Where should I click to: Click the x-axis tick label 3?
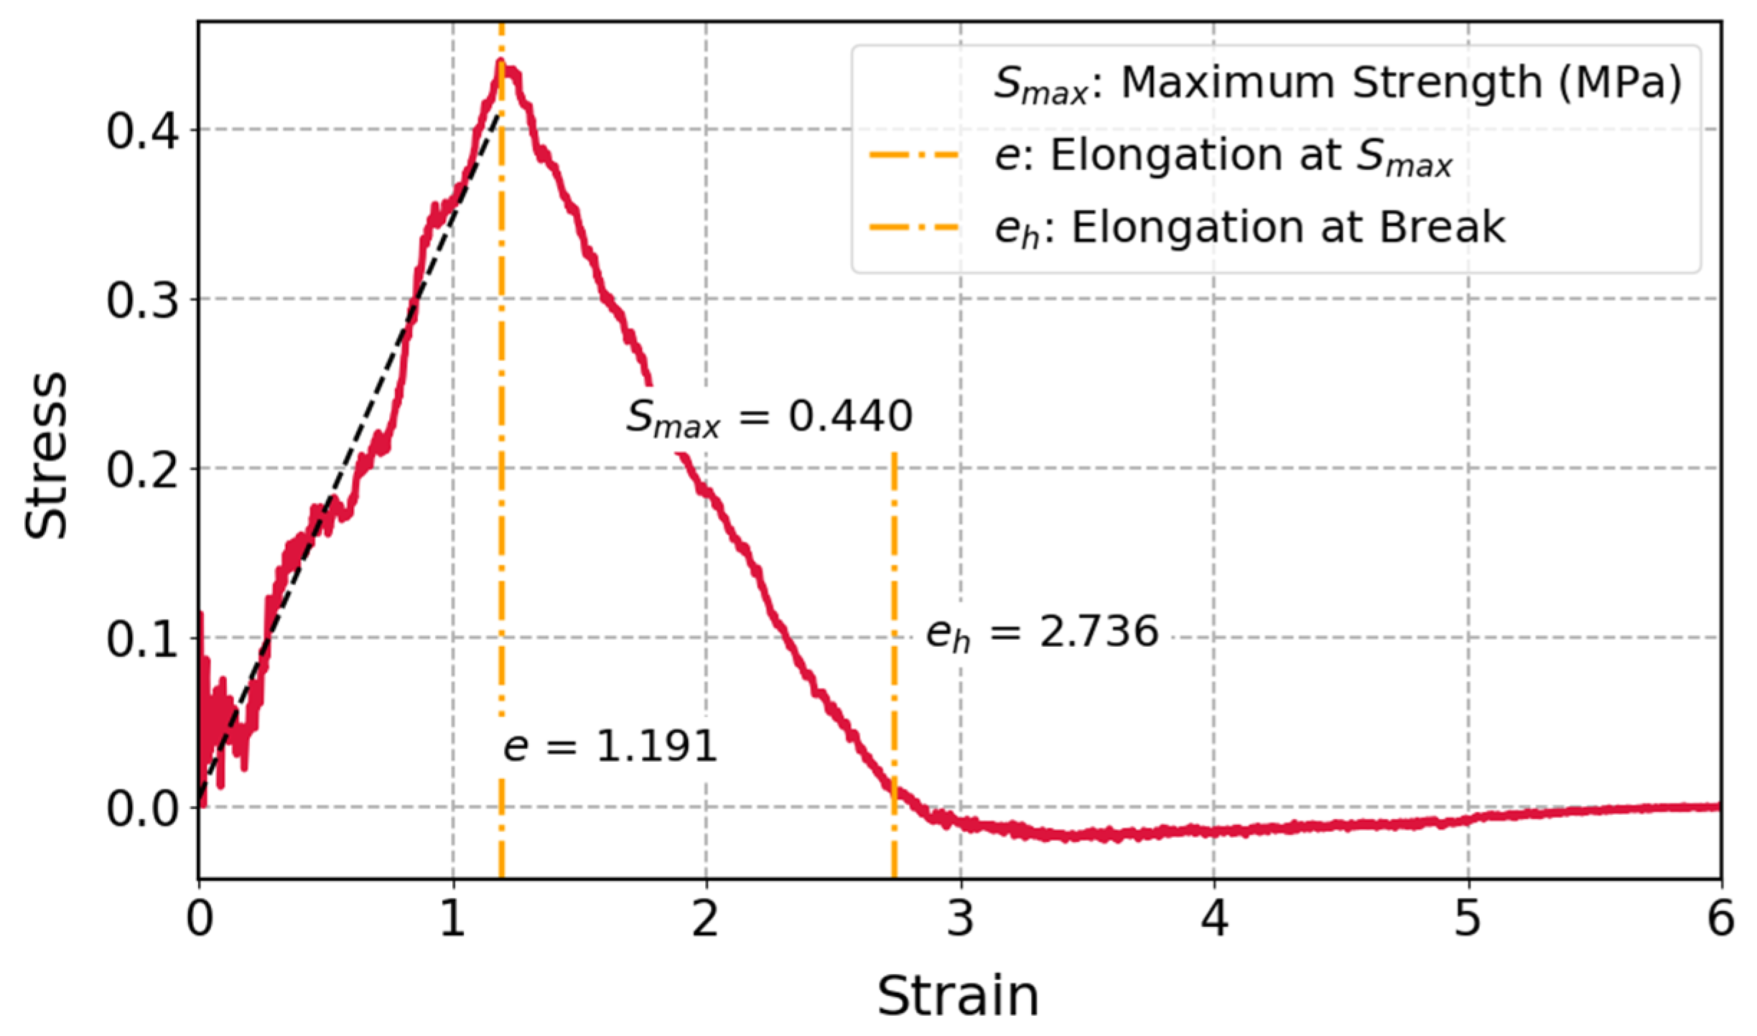[960, 920]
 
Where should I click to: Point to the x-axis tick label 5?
[1468, 920]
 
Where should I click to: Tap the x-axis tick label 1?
[452, 920]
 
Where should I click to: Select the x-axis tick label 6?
[1720, 920]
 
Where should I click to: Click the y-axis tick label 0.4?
[141, 131]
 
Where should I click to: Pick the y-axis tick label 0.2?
[141, 470]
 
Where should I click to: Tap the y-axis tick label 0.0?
[141, 809]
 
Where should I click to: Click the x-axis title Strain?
[958, 997]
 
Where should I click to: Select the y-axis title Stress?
[45, 456]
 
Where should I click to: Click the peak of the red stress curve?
[501, 63]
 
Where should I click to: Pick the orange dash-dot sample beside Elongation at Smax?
[913, 155]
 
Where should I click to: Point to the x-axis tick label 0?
[199, 920]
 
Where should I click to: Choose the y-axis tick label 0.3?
[141, 301]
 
